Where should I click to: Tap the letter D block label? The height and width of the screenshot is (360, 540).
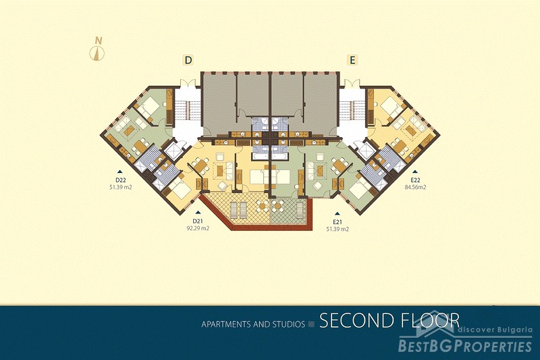click(x=188, y=60)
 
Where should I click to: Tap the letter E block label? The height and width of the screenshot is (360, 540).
click(x=352, y=60)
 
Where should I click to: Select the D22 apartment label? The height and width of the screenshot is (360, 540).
click(x=120, y=180)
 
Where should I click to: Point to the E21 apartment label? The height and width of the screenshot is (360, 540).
click(x=337, y=222)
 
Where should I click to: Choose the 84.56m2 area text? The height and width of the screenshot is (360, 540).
click(x=415, y=187)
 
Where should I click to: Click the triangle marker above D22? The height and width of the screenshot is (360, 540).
click(x=120, y=171)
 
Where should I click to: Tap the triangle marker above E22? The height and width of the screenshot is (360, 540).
click(x=415, y=171)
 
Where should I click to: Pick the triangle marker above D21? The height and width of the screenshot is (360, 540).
click(x=197, y=213)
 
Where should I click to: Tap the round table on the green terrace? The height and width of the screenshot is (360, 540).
click(x=277, y=206)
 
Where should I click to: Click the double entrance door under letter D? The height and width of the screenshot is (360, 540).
click(x=188, y=83)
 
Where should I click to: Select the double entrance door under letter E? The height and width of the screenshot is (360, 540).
click(x=352, y=83)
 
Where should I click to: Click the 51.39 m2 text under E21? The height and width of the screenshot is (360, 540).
click(x=337, y=229)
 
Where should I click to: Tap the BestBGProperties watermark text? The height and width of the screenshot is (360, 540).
click(x=465, y=346)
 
